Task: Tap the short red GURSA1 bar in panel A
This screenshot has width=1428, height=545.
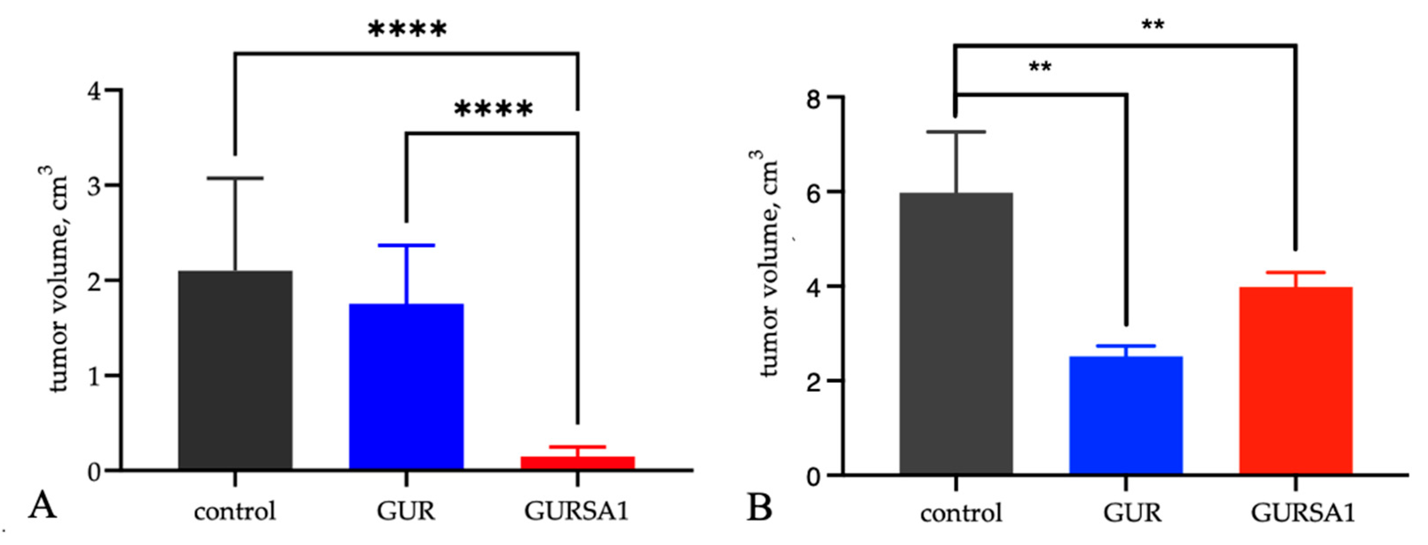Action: coord(577,462)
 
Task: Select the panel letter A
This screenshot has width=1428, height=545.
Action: coord(42,505)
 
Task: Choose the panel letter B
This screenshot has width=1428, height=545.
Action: coord(759,507)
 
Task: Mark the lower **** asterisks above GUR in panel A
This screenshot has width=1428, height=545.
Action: coord(493,109)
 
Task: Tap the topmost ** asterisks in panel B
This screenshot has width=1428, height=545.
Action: coord(1153,25)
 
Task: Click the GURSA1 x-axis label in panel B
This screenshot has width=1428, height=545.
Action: coord(1302,513)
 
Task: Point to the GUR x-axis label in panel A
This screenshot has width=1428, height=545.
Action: coord(406,511)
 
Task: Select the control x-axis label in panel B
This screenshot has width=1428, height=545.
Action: coord(961,513)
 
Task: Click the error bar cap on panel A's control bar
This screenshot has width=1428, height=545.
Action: coord(235,179)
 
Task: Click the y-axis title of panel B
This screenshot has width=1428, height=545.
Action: coord(767,263)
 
